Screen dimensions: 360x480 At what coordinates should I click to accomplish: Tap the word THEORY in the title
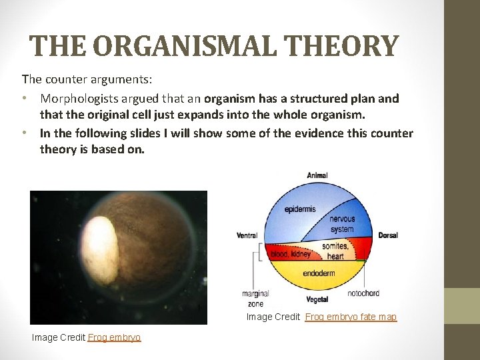(x=342, y=46)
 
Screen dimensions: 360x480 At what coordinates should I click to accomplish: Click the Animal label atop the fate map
(x=317, y=175)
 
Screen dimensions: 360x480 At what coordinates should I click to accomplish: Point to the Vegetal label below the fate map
(x=317, y=299)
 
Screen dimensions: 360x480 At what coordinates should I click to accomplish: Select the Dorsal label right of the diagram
(x=388, y=235)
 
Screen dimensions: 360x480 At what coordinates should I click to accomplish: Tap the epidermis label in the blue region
(x=300, y=209)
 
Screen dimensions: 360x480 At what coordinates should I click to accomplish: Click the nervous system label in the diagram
(x=342, y=224)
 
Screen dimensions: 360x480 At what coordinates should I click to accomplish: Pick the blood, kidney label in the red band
(x=290, y=254)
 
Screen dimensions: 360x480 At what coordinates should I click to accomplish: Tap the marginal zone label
(x=255, y=298)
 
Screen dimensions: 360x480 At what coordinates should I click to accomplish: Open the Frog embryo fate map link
(x=351, y=317)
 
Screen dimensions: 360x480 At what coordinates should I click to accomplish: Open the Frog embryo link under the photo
(x=114, y=338)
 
